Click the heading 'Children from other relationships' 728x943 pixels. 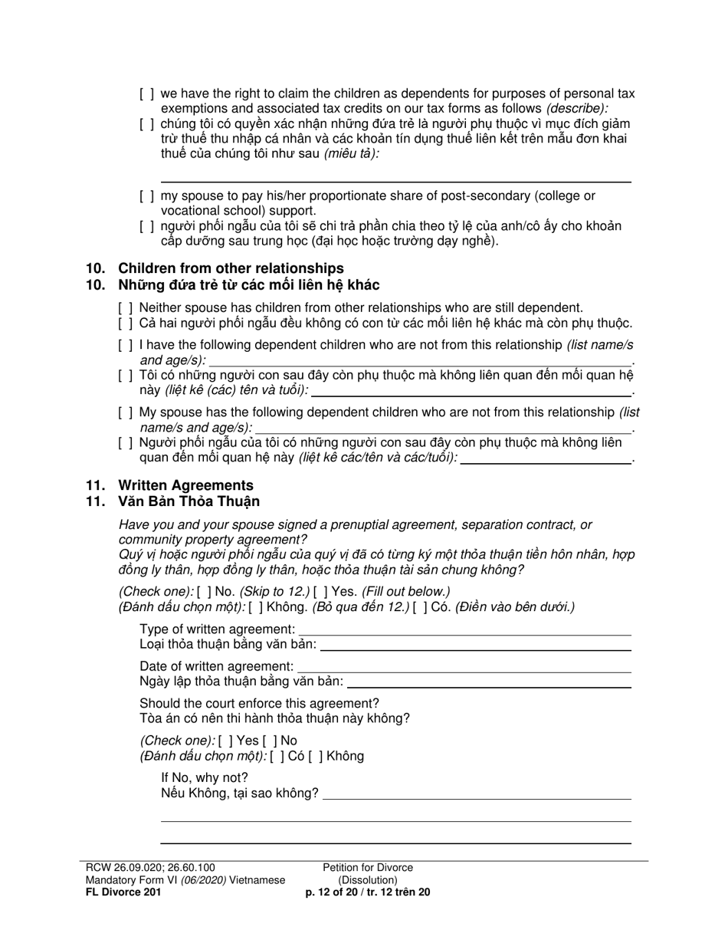click(230, 268)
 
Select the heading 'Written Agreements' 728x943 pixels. click(185, 485)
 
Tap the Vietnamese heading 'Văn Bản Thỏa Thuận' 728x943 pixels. click(189, 501)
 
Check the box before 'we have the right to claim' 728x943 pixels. click(147, 94)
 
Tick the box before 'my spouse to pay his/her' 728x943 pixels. click(147, 196)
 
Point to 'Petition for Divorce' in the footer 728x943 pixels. click(368, 868)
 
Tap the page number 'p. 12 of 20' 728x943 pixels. click(336, 892)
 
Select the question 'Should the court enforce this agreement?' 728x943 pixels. click(259, 703)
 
